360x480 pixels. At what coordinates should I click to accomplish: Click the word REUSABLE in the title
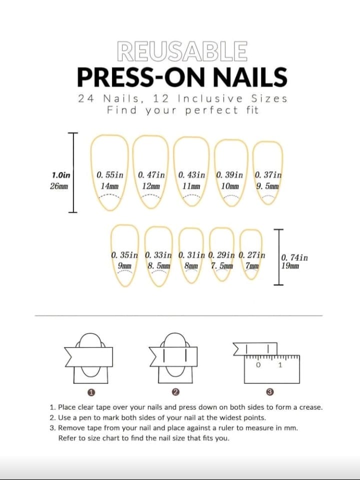pyautogui.click(x=181, y=51)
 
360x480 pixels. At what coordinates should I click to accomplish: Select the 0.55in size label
pyautogui.click(x=110, y=175)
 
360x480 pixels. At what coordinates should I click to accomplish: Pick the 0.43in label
pyautogui.click(x=191, y=175)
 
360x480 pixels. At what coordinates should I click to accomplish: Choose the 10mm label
pyautogui.click(x=229, y=186)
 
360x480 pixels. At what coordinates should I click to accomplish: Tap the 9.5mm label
pyautogui.click(x=267, y=186)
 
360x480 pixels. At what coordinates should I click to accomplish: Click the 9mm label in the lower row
pyautogui.click(x=124, y=265)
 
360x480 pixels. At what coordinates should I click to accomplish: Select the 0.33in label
pyautogui.click(x=160, y=255)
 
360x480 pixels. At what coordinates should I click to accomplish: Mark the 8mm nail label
pyautogui.click(x=191, y=265)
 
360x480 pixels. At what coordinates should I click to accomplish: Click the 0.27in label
pyautogui.click(x=252, y=255)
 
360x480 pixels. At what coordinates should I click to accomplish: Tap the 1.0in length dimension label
pyautogui.click(x=61, y=175)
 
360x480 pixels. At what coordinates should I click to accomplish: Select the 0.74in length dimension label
pyautogui.click(x=294, y=257)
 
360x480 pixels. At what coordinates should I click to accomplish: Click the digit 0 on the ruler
pyautogui.click(x=258, y=365)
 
